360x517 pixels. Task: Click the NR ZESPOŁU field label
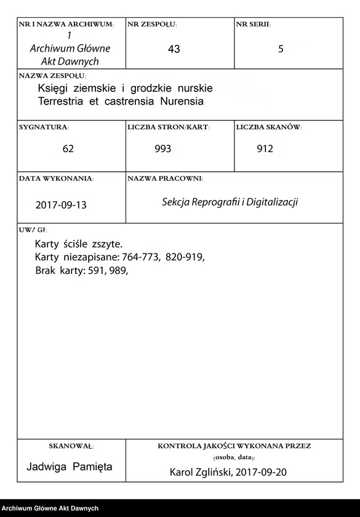(152, 25)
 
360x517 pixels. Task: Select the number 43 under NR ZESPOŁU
(174, 49)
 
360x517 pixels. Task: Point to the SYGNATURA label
(44, 127)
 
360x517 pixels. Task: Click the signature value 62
(68, 149)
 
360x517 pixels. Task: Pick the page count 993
(163, 149)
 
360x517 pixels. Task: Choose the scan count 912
(265, 149)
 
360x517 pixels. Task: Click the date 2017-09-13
(61, 204)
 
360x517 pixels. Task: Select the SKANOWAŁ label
(71, 446)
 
